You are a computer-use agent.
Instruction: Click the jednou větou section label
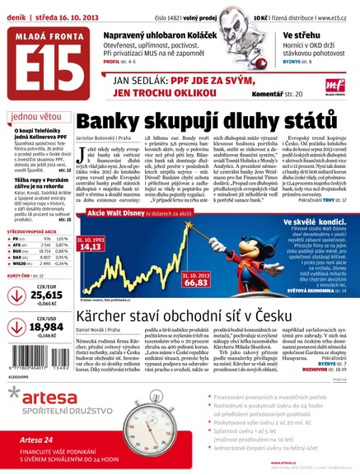(37, 116)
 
